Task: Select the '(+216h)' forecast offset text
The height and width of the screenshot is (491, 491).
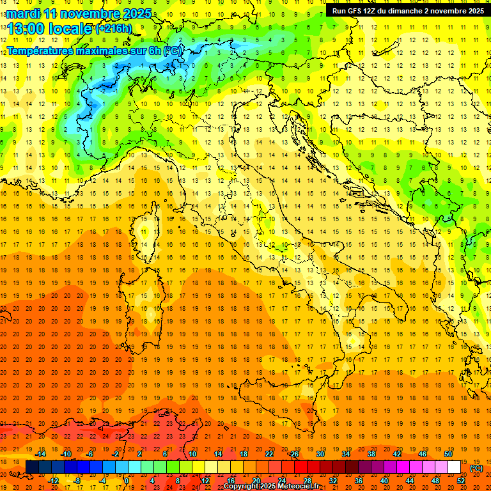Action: click(114, 29)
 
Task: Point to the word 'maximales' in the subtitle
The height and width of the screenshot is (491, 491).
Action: click(104, 50)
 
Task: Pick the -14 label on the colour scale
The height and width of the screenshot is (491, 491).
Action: click(40, 453)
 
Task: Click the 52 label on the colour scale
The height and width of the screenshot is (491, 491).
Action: click(460, 480)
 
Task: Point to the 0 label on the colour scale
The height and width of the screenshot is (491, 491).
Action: click(127, 480)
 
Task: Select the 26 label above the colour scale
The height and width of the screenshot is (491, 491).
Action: click(294, 453)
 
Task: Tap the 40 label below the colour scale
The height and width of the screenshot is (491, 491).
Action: click(384, 480)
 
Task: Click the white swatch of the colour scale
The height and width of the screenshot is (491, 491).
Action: click(454, 467)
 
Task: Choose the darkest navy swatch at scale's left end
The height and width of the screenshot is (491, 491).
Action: click(32, 467)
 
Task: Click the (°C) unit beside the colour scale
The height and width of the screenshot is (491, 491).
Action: click(476, 468)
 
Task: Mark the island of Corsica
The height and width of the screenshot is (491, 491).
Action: click(148, 236)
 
